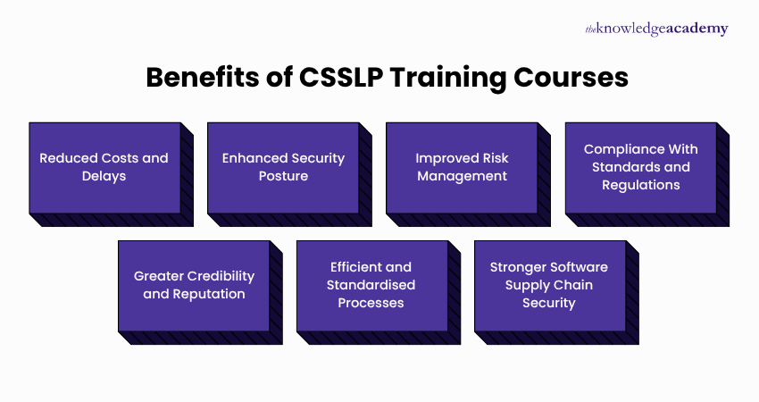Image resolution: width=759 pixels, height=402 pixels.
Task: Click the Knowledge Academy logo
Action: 656,29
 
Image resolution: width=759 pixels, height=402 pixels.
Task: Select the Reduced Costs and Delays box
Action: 104,167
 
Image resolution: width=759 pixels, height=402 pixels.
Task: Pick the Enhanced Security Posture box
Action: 283,167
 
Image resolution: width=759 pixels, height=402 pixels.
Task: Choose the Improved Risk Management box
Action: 462,167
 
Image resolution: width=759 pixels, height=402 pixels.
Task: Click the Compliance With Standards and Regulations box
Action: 640,167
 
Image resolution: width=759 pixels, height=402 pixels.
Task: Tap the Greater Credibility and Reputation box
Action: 194,285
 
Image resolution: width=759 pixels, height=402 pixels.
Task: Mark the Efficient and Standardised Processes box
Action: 371,285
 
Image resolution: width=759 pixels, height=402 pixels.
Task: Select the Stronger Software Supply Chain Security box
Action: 549,285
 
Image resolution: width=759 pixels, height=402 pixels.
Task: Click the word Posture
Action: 284,176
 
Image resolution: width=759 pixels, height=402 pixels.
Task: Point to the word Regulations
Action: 641,185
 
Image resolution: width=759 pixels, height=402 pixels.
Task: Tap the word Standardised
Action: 371,285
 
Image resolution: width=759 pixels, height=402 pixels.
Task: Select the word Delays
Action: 104,176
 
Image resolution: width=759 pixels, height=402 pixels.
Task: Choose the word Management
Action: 462,176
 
